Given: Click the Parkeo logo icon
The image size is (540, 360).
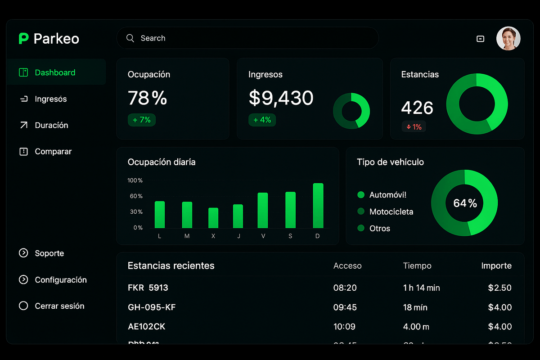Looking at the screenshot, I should (x=23, y=39).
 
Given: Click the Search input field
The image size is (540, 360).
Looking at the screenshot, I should (x=247, y=38).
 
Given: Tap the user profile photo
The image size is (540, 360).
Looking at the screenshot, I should (x=508, y=39).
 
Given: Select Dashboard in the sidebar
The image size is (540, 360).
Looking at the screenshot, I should (x=55, y=72).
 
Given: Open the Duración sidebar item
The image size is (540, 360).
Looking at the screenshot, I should (x=51, y=125).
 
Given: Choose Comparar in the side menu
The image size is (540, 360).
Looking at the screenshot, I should (x=53, y=152).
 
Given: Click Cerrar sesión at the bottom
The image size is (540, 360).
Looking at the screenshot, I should (x=59, y=306).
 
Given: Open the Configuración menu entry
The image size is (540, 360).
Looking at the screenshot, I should (x=60, y=280).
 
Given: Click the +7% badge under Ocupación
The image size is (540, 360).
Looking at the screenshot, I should (x=141, y=120).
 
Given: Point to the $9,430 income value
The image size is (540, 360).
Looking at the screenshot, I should (x=281, y=98).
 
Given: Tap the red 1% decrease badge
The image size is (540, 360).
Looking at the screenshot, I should (x=414, y=127).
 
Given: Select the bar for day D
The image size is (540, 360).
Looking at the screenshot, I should (x=318, y=206).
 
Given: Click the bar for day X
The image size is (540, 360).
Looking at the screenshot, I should (x=213, y=218).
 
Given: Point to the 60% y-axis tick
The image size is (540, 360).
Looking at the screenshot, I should (x=135, y=196).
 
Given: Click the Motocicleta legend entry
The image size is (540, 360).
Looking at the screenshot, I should (x=391, y=211).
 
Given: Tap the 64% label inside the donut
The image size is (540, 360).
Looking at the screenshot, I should (x=465, y=203).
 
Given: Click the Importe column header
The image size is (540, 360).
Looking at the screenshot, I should (x=496, y=266).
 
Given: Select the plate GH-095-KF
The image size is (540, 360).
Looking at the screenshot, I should (x=152, y=307).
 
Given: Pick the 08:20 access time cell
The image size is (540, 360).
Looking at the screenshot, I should (x=345, y=288).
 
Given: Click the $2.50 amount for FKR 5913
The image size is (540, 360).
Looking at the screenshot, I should (x=499, y=288).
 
